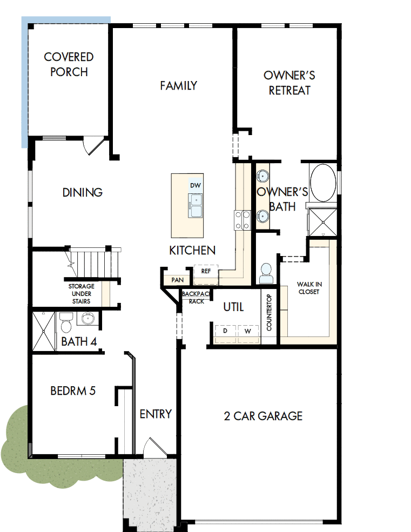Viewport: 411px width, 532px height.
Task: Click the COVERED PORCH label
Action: pyautogui.click(x=69, y=64)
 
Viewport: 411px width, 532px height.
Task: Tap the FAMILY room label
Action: pyautogui.click(x=178, y=85)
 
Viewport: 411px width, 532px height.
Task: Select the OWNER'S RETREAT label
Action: pyautogui.click(x=289, y=83)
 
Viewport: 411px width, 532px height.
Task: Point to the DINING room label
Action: pyautogui.click(x=83, y=192)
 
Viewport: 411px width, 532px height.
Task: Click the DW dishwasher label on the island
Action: pyautogui.click(x=196, y=185)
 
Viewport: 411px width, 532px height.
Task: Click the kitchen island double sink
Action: pyautogui.click(x=196, y=205)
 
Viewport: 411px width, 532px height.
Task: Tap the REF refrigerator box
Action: pyautogui.click(x=206, y=272)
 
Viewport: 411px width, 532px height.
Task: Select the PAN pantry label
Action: pyautogui.click(x=177, y=280)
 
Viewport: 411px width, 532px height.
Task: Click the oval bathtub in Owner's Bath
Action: pyautogui.click(x=323, y=183)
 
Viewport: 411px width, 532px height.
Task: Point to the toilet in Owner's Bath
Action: pyautogui.click(x=266, y=273)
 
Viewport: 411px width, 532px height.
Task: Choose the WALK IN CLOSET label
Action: pyautogui.click(x=309, y=288)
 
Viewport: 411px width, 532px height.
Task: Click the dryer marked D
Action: pyautogui.click(x=225, y=331)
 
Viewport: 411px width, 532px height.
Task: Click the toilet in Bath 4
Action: pyautogui.click(x=66, y=323)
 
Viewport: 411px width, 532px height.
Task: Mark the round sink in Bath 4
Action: pyautogui.click(x=87, y=319)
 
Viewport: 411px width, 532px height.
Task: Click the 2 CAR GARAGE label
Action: pyautogui.click(x=263, y=416)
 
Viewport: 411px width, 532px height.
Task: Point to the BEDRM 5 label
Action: pyautogui.click(x=73, y=390)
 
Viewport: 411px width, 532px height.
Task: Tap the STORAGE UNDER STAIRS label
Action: pyautogui.click(x=81, y=294)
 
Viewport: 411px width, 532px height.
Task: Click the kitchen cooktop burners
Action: pyautogui.click(x=241, y=220)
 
